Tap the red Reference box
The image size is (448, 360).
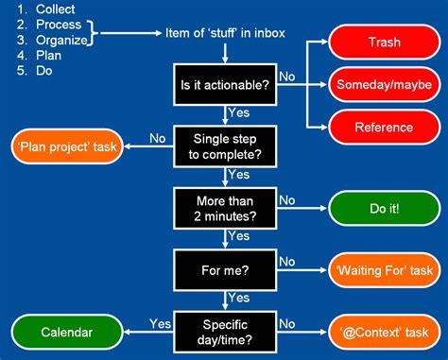point(384,127)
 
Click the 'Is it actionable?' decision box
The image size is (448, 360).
point(224,84)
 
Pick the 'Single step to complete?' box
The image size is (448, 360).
point(224,146)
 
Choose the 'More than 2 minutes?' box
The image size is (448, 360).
point(224,208)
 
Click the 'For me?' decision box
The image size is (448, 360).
point(224,270)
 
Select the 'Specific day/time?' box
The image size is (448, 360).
point(224,332)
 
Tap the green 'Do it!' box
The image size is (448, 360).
point(384,209)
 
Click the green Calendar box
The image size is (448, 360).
point(66,332)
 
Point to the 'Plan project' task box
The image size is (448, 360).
point(66,147)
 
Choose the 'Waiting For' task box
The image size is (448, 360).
point(384,271)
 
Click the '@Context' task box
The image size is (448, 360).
point(384,333)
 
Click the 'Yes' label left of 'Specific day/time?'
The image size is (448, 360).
point(160,323)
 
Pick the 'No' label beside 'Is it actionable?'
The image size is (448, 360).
point(285,75)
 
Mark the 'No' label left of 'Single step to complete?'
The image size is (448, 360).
point(158,137)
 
